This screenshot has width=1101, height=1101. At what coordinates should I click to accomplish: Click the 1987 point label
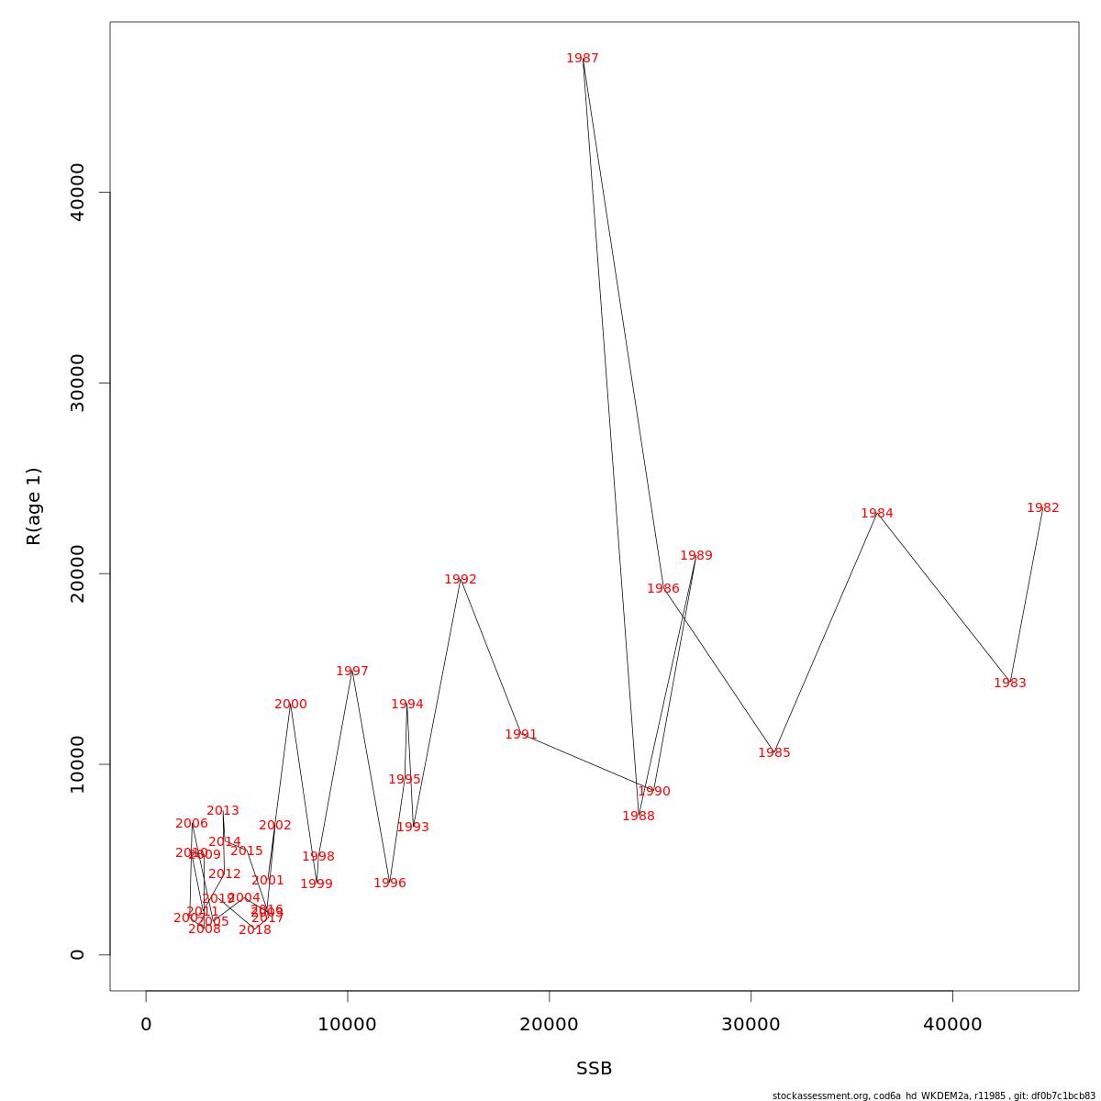coord(582,59)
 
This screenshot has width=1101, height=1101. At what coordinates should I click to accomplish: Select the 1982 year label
coord(1042,508)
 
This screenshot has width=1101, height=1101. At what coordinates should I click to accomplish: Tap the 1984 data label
coord(876,514)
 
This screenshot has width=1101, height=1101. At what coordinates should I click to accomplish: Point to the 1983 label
coord(1009,684)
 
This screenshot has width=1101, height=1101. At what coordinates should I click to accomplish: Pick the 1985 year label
coord(773,753)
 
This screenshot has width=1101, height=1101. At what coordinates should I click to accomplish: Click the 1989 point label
coord(695,556)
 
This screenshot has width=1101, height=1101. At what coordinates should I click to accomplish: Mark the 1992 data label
coord(460,580)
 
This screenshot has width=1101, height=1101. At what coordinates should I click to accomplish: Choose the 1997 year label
coord(351,672)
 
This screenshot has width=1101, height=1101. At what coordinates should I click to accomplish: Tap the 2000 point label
coord(290,705)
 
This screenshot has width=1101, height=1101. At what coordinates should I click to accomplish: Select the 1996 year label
coord(389,884)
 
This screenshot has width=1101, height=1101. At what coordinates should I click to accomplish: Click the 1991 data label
coord(520,735)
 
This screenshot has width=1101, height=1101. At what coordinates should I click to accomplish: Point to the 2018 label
coord(254,930)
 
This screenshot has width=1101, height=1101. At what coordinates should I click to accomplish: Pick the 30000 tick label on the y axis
coord(78,383)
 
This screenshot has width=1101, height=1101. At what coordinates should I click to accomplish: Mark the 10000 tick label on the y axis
coord(78,764)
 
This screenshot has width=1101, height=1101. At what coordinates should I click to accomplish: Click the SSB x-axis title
coord(594,1069)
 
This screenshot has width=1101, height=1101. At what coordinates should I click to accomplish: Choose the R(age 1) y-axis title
coord(34,506)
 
